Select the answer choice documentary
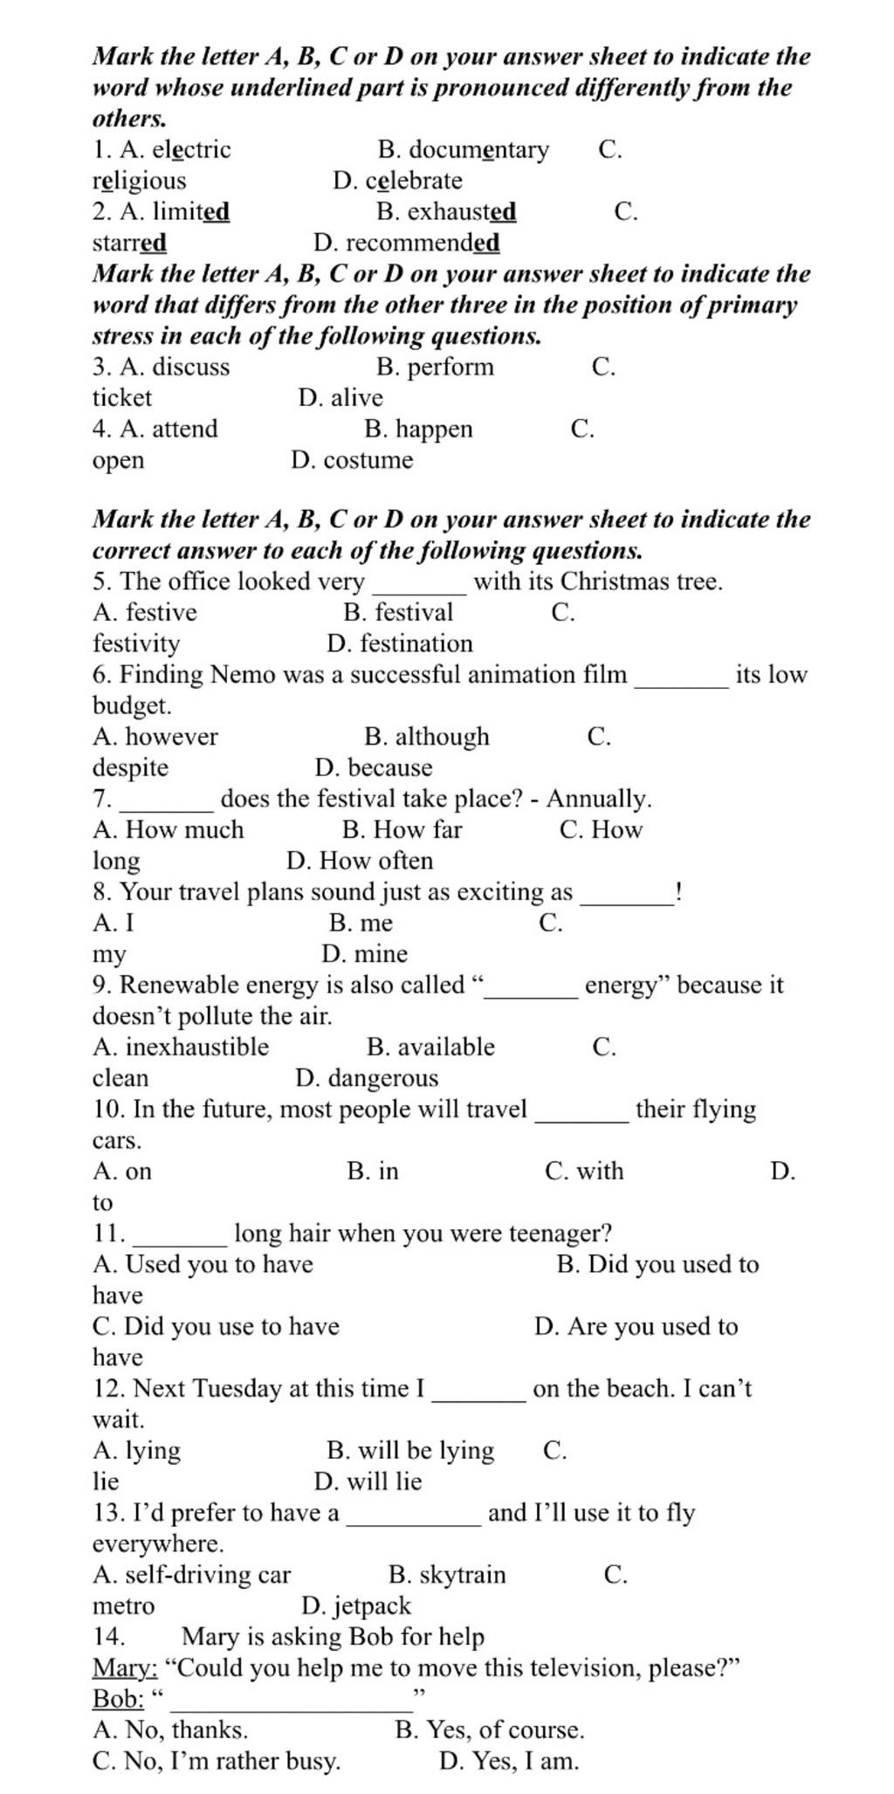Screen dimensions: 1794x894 [478, 150]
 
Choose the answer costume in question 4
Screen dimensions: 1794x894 [368, 461]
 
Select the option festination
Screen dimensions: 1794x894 [416, 644]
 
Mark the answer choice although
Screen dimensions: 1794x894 [442, 737]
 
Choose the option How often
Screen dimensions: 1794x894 [376, 862]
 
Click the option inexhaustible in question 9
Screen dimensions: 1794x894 [196, 1048]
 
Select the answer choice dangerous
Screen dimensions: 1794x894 [382, 1079]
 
